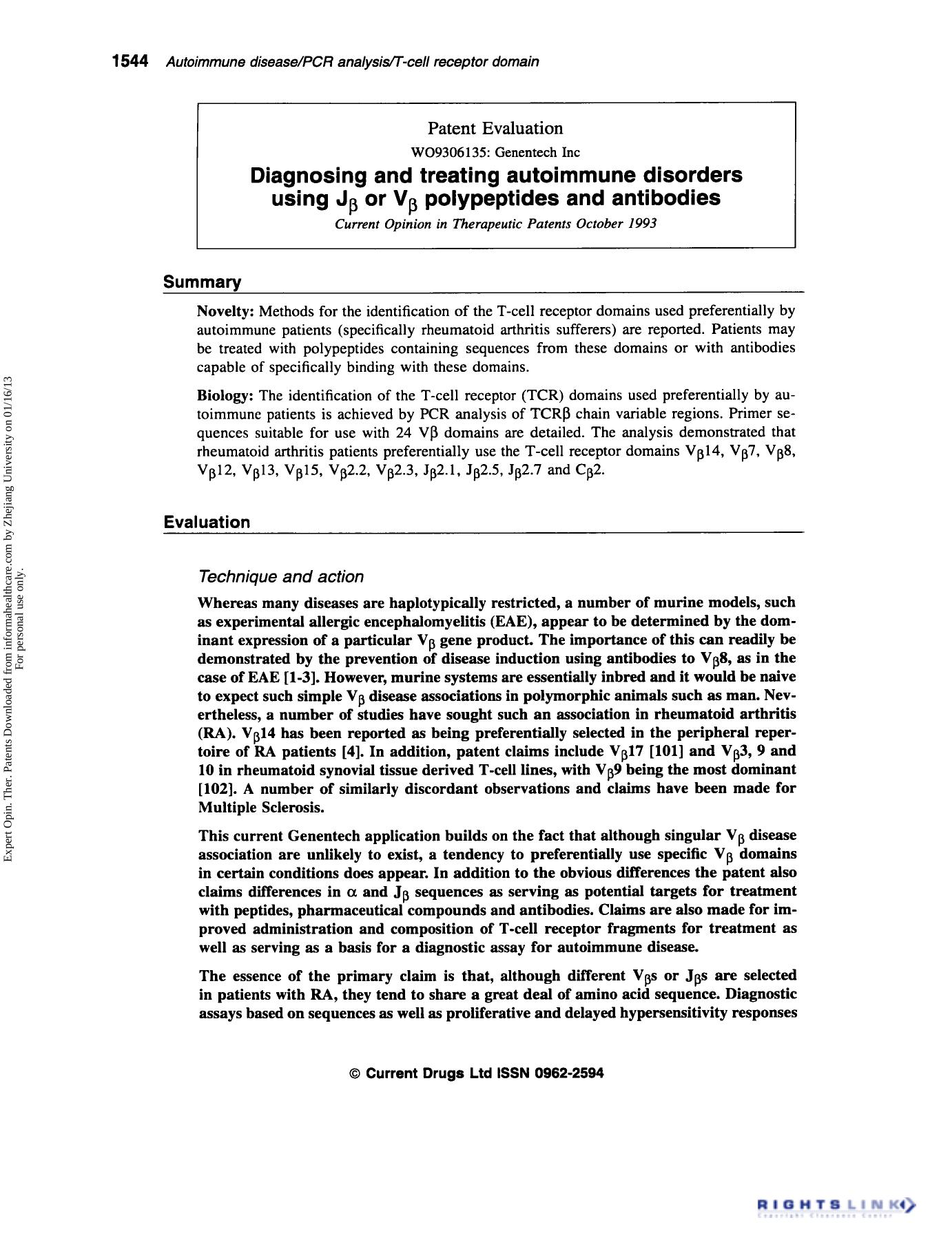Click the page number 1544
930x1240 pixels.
[x=130, y=62]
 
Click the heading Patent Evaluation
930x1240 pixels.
[x=495, y=128]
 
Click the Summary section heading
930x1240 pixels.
[x=202, y=282]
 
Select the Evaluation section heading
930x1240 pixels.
[x=207, y=522]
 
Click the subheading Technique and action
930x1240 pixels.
[x=280, y=576]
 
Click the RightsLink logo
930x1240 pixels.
[x=836, y=1206]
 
